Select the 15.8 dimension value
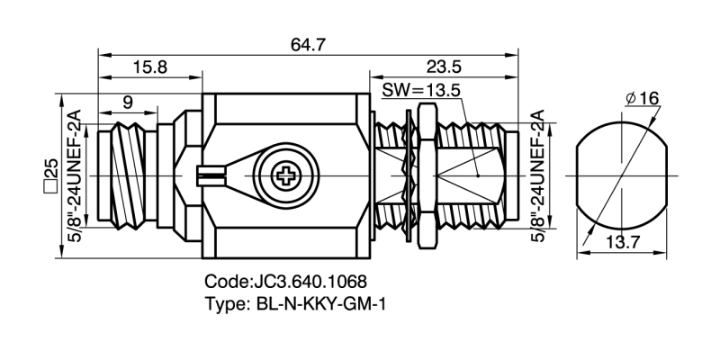pyautogui.click(x=149, y=67)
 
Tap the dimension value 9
pyautogui.click(x=129, y=103)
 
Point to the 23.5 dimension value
pyautogui.click(x=447, y=67)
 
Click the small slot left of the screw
pyautogui.click(x=209, y=173)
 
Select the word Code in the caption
pyautogui.click(x=224, y=281)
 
